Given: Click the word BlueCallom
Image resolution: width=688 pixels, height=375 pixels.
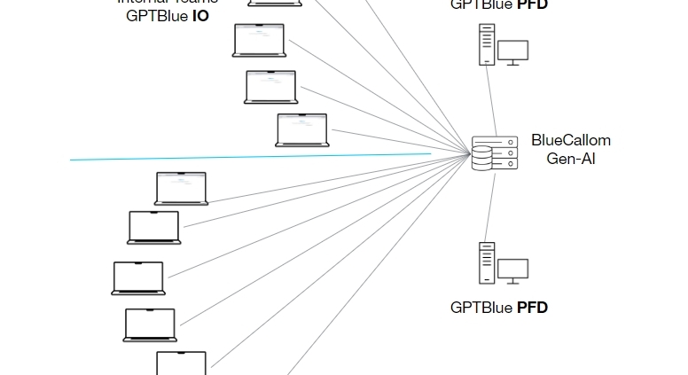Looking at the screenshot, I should (571, 140).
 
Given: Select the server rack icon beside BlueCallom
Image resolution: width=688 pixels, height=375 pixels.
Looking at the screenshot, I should (494, 153).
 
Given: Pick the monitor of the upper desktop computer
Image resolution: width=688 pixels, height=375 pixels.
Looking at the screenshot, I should (512, 51).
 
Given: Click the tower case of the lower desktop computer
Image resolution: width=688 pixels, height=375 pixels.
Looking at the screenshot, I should (486, 262).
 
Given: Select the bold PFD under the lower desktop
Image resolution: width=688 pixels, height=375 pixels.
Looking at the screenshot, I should (532, 308).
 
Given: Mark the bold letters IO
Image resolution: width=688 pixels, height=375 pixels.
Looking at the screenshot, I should (201, 15).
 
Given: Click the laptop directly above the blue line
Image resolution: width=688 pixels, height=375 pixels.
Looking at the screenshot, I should (301, 129).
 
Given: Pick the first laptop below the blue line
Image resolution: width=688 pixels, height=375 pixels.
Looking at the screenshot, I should (181, 188).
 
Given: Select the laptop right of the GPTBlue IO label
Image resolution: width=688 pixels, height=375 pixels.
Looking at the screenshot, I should (259, 40).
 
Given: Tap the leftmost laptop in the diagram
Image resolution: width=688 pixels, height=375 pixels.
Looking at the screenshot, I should (138, 277).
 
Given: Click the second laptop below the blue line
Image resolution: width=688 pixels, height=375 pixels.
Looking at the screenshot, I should (154, 227).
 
